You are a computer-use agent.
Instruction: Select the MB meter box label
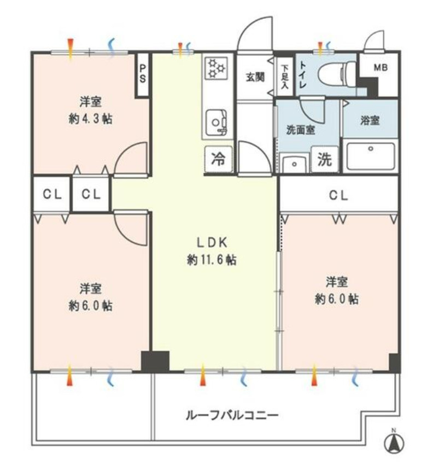pos(381,68)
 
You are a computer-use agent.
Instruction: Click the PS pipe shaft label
pos(142,73)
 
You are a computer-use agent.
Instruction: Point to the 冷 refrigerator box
pos(218,160)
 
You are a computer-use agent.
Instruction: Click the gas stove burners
pos(215,69)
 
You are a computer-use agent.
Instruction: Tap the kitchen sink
pos(217,119)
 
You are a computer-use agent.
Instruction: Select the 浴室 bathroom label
pos(370,121)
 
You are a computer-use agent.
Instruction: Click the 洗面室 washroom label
pos(300,130)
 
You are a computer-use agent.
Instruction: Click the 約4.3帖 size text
pos(90,119)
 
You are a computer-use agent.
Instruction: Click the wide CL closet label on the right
pos(338,196)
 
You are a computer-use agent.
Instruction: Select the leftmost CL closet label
pos(52,194)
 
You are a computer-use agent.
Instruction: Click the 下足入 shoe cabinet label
pos(284,74)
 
